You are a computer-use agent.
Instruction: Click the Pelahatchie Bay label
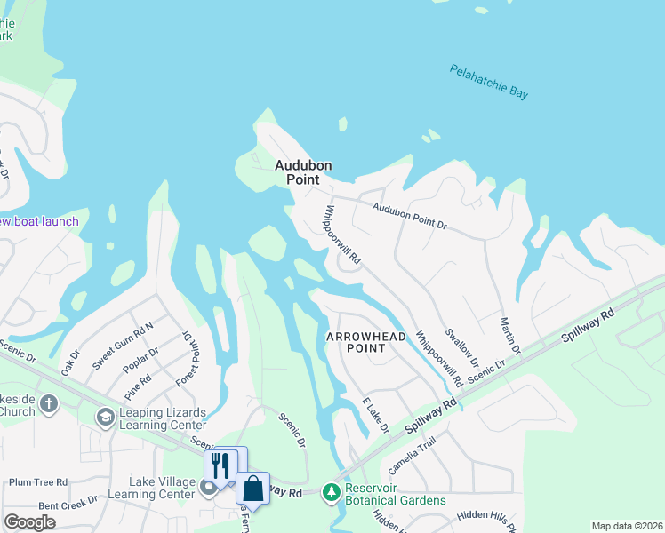coord(488,80)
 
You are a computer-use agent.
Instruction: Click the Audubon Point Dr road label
coord(409,216)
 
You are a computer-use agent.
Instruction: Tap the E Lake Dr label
coord(376,416)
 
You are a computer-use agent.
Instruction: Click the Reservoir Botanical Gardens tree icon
coord(332,490)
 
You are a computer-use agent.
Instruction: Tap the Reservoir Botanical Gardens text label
coord(395,495)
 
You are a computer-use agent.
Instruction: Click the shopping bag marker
coord(252,489)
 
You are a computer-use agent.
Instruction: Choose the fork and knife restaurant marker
coord(220,464)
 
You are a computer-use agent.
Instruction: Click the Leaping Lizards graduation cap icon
coord(105,417)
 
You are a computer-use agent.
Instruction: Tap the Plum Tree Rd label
coord(38,482)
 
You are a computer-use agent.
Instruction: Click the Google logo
coord(29,522)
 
